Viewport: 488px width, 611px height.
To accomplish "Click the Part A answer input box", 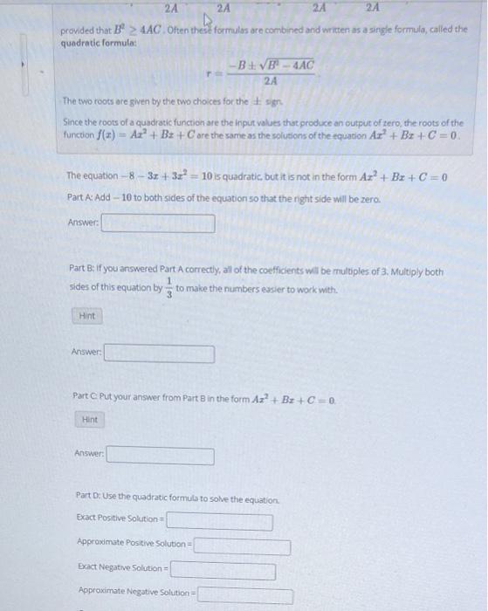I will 158,223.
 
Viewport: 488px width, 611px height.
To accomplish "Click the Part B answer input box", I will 160,354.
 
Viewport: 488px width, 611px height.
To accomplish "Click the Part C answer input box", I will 161,456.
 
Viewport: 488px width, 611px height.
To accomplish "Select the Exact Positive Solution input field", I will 219,522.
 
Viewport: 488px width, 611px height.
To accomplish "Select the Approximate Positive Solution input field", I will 242,546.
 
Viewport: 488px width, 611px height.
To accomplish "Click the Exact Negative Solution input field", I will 223,571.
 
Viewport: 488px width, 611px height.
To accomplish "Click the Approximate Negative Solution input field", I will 245,595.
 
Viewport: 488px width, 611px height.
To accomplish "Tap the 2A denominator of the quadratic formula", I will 271,81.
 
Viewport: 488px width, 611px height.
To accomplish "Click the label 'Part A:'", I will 79,196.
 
